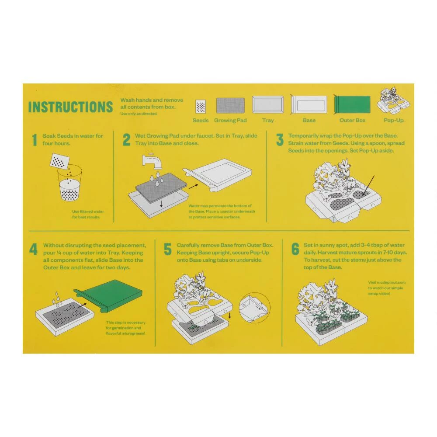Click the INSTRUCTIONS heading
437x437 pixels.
pyautogui.click(x=70, y=108)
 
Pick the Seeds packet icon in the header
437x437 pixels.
pyautogui.click(x=201, y=106)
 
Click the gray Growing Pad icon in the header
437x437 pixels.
pyautogui.click(x=230, y=106)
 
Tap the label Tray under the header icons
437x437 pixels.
pyautogui.click(x=268, y=120)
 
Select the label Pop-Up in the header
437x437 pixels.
pyautogui.click(x=394, y=120)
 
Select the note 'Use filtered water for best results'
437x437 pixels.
pyautogui.click(x=88, y=214)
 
